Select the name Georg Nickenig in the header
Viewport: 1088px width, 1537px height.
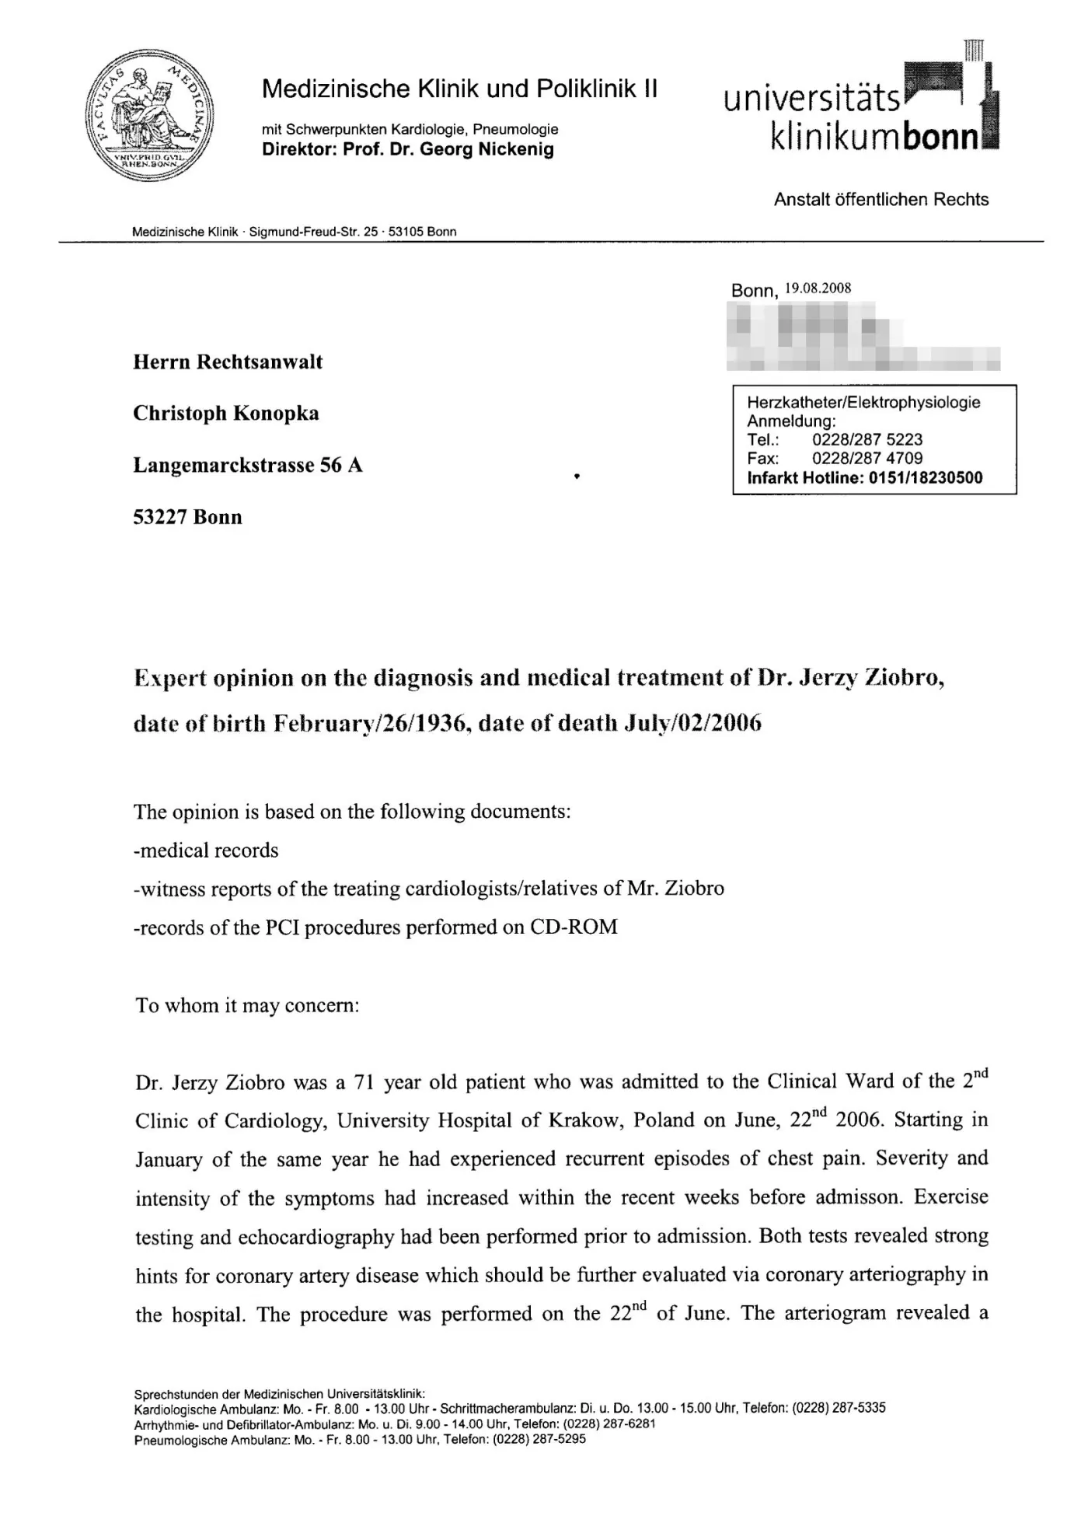pyautogui.click(x=486, y=149)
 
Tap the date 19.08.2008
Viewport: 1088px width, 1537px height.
pyautogui.click(x=818, y=288)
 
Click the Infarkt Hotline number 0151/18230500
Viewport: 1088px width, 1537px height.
pyautogui.click(x=925, y=478)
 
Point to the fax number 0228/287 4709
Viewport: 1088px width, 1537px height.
pyautogui.click(x=867, y=459)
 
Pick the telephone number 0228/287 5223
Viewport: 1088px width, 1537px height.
pyautogui.click(x=867, y=440)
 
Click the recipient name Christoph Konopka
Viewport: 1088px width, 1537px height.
pyautogui.click(x=225, y=414)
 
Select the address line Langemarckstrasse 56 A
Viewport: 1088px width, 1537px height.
pyautogui.click(x=248, y=466)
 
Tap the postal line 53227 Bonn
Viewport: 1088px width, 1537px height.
pyautogui.click(x=187, y=518)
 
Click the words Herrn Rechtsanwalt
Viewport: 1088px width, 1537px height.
pyautogui.click(x=228, y=362)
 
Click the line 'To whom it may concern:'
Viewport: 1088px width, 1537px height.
pyautogui.click(x=247, y=1005)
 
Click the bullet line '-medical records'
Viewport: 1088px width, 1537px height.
pyautogui.click(x=206, y=851)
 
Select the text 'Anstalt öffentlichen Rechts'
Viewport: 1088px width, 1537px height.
pyautogui.click(x=881, y=200)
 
